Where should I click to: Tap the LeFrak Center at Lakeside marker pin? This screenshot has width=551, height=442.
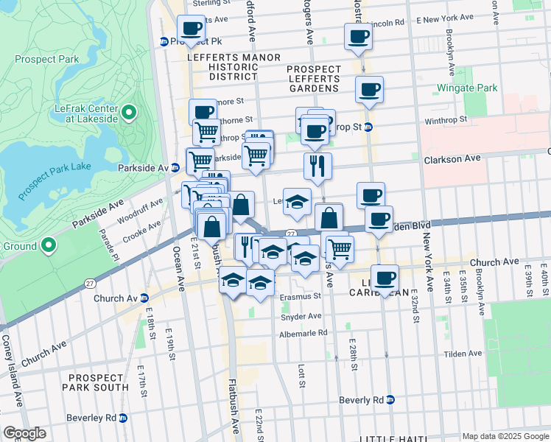(x=129, y=113)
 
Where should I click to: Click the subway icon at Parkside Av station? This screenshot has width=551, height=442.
(x=175, y=167)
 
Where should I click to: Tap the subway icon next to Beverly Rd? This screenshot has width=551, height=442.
(x=390, y=399)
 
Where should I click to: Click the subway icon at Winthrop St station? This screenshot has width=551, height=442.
(x=369, y=127)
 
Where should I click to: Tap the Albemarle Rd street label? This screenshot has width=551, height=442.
(x=303, y=333)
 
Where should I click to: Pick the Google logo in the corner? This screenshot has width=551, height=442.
(x=24, y=433)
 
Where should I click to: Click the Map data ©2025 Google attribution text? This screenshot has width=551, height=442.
(x=505, y=436)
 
